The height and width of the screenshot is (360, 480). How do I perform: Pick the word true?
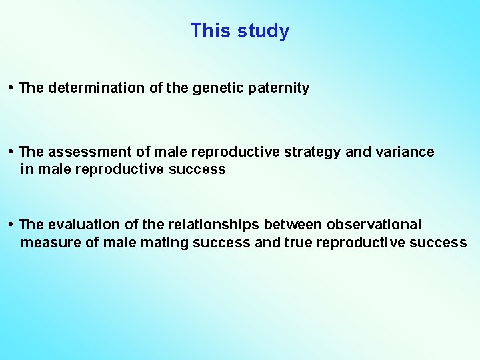click(299, 243)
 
